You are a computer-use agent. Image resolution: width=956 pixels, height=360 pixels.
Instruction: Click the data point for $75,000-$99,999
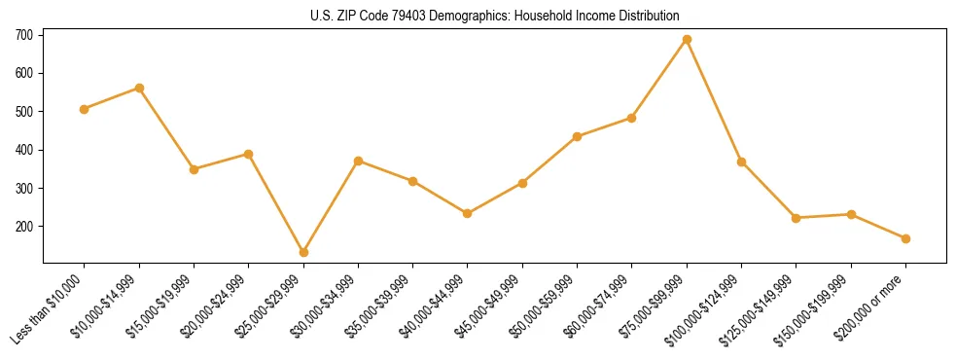[x=687, y=40]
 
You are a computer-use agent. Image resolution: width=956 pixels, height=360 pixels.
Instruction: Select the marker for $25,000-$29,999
[x=303, y=252]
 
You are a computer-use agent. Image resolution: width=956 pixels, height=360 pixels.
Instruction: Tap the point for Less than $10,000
[x=85, y=109]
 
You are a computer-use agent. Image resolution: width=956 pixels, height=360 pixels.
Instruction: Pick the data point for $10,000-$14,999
[x=139, y=88]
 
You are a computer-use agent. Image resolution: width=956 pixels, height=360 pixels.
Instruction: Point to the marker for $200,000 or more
[x=905, y=238]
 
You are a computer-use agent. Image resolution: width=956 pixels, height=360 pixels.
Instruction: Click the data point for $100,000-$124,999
[x=741, y=162]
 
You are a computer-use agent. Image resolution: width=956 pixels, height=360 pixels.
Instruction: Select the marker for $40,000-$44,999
[x=468, y=213]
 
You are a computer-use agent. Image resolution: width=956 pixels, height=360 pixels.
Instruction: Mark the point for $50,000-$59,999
[x=577, y=136]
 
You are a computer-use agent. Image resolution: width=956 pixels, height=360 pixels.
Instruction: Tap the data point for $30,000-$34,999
[x=358, y=161]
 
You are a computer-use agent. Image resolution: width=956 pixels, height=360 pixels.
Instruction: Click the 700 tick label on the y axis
[x=24, y=35]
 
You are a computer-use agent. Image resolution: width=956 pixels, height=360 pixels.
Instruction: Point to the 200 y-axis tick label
[x=24, y=227]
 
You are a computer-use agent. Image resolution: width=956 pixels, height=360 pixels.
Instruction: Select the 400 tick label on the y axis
[x=24, y=150]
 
